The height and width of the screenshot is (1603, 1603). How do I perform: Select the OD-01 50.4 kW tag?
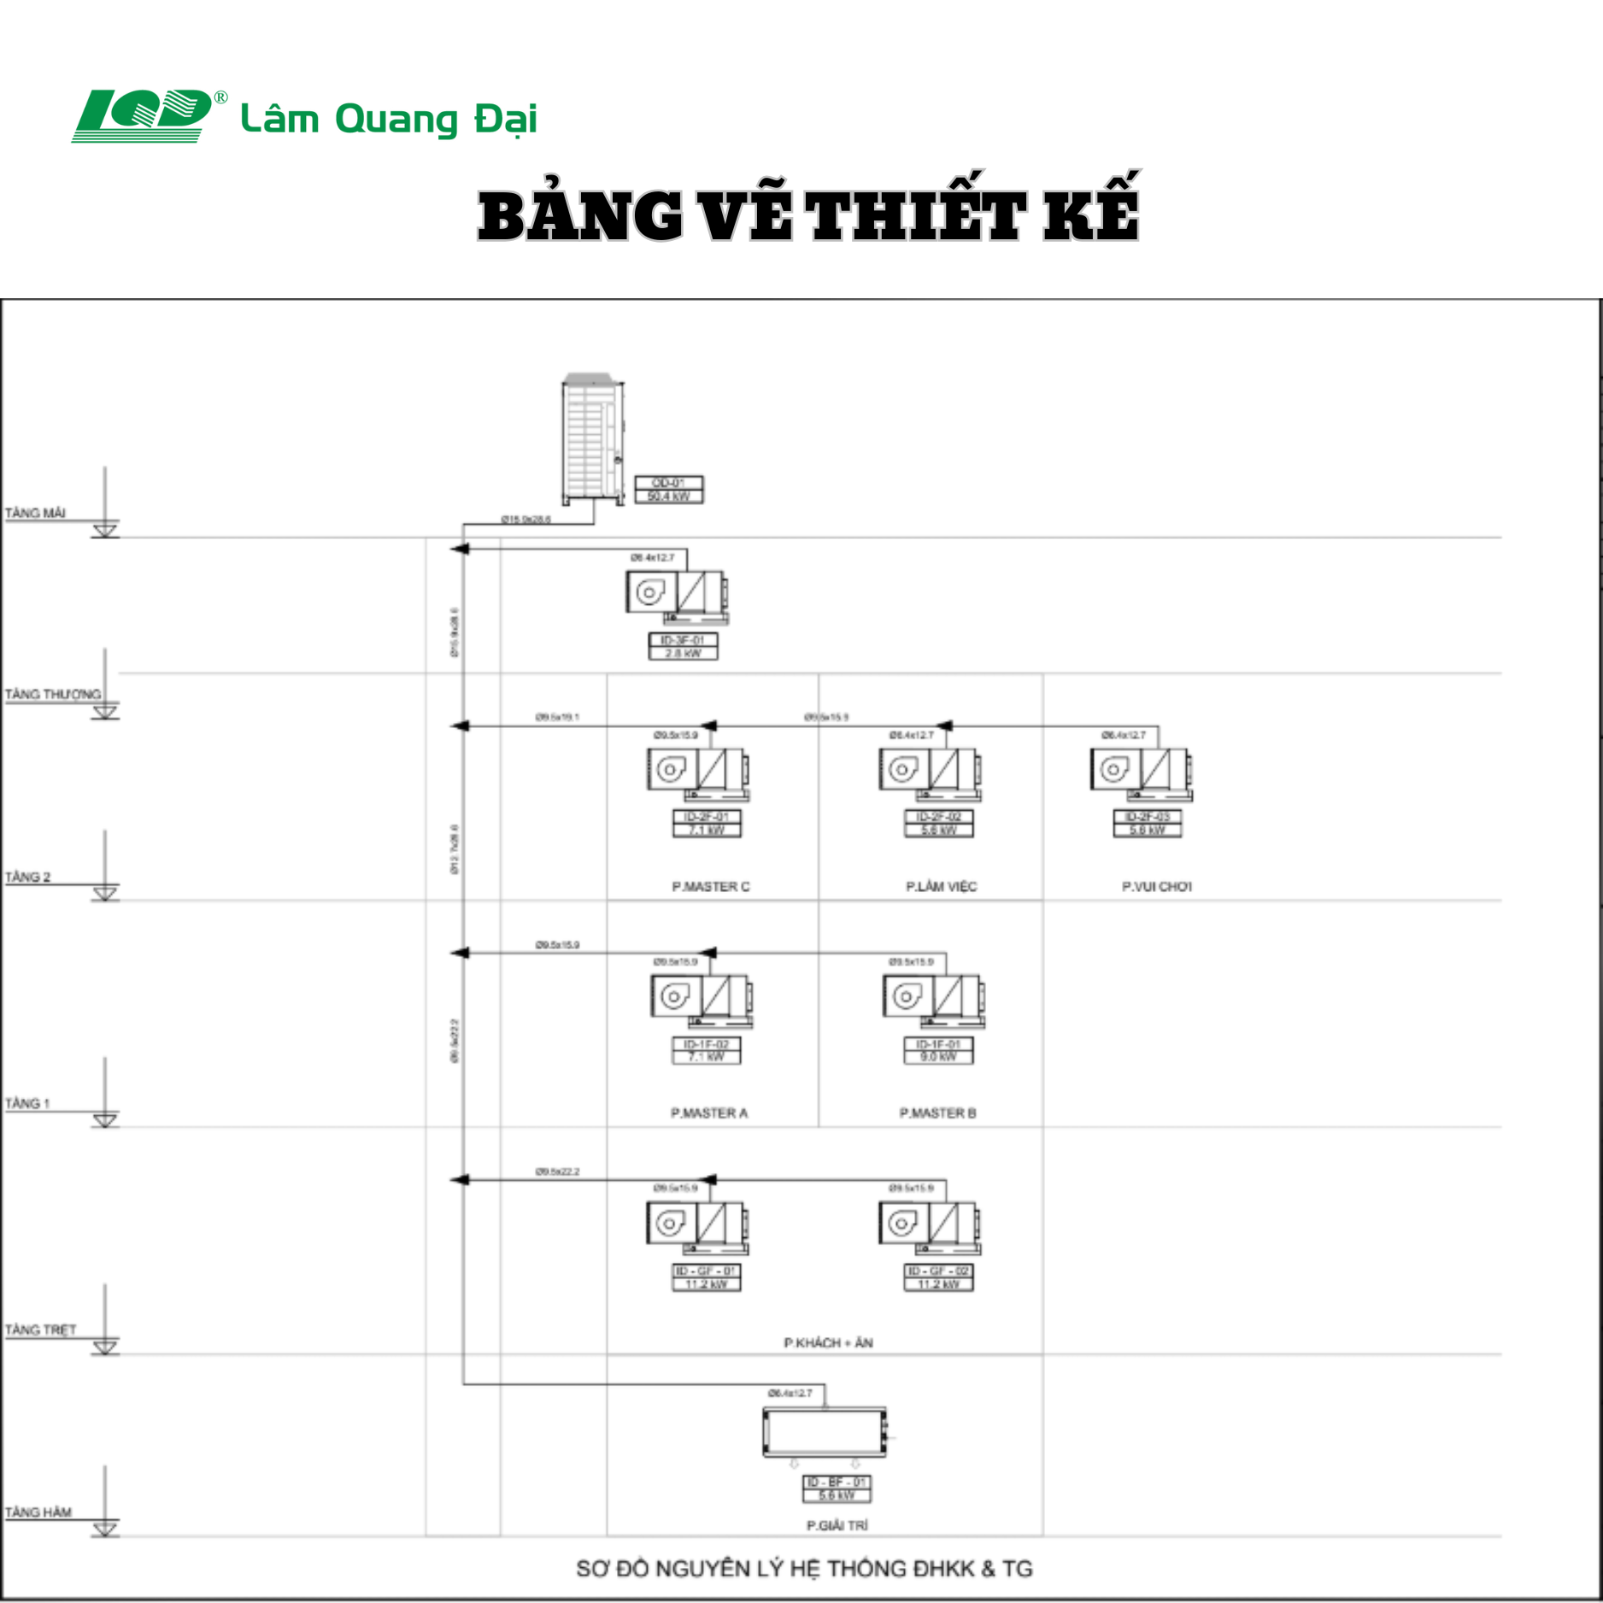668,490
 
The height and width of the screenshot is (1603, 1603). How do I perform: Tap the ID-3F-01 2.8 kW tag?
683,646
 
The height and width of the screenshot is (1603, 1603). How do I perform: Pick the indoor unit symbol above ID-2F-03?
1140,773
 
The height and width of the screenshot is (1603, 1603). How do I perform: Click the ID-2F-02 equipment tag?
938,823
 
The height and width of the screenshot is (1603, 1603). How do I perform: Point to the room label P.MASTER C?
710,887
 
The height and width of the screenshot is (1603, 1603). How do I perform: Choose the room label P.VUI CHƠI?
1156,887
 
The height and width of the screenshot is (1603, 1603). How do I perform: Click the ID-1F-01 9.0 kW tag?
938,1050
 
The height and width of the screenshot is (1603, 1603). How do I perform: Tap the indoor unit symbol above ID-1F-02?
701,1000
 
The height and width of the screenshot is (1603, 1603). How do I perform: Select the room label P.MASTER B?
937,1113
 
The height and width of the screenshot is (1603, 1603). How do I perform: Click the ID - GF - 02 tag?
938,1277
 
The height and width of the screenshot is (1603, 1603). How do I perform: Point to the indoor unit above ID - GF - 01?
697,1227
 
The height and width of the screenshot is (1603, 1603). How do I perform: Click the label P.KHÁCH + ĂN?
828,1342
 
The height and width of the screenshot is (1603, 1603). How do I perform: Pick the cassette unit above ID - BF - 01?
825,1432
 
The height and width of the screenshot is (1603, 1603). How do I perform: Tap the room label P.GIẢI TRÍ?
837,1525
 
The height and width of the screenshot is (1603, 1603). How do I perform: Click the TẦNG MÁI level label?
35,513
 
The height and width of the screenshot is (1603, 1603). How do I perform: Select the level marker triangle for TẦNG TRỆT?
105,1348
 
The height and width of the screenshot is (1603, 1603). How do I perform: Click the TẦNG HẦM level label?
38,1512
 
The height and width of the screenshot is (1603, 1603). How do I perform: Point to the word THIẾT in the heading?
915,214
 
